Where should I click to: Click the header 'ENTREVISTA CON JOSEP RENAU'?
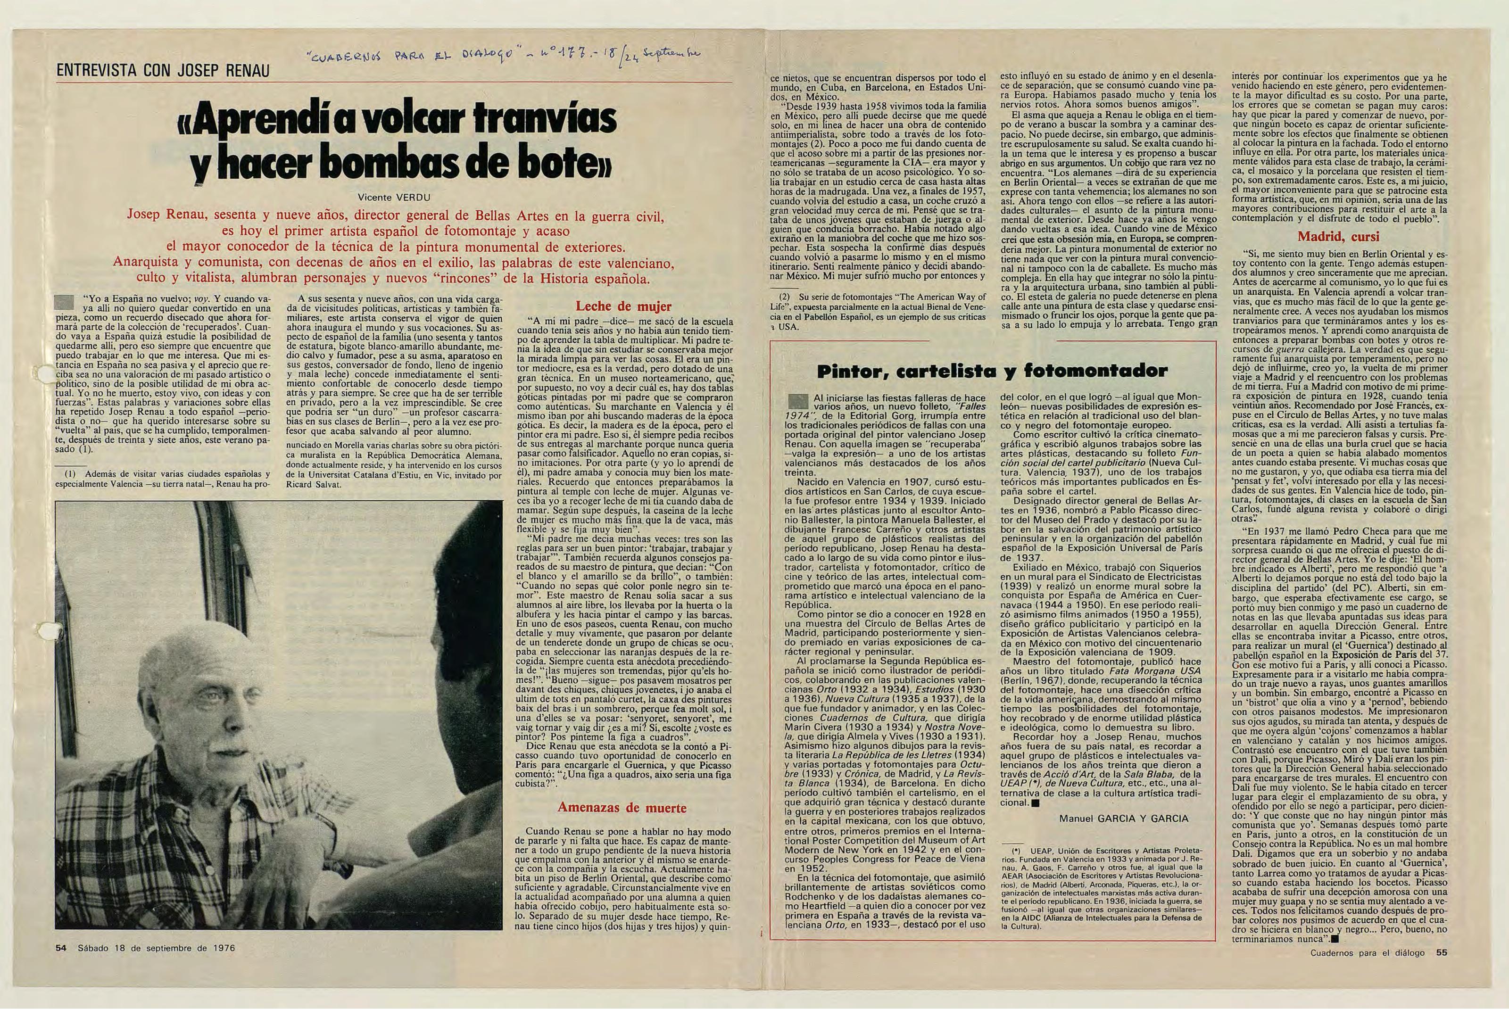pos(162,70)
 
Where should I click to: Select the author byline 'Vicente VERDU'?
pos(393,197)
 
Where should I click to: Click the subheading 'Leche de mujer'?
pos(622,306)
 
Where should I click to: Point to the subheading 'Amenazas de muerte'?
pos(622,808)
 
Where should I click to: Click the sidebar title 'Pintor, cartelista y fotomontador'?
pos(992,371)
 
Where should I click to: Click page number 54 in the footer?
pos(61,948)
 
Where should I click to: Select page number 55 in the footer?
pos(1442,952)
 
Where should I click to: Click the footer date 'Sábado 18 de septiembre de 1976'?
pos(157,948)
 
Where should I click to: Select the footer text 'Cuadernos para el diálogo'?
pos(1367,952)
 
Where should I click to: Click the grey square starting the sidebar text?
pos(798,402)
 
